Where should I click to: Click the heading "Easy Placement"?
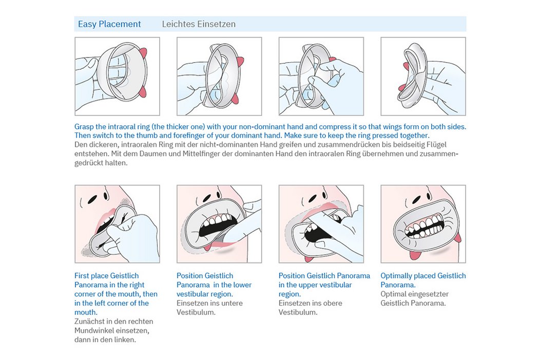pyautogui.click(x=109, y=24)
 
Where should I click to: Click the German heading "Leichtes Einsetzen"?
pyautogui.click(x=199, y=24)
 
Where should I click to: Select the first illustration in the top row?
pyautogui.click(x=117, y=77)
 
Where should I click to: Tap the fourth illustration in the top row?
pyautogui.click(x=423, y=77)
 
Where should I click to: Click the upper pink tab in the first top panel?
pyautogui.click(x=143, y=53)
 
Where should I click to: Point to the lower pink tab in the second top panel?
pyautogui.click(x=236, y=99)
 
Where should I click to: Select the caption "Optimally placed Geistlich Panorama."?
pyautogui.click(x=423, y=280)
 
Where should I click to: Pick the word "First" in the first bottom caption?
pyautogui.click(x=82, y=276)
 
